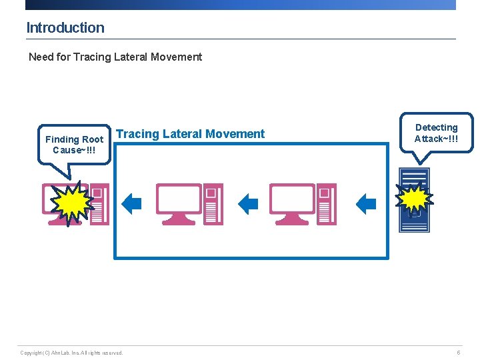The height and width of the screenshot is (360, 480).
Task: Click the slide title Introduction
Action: point(65,28)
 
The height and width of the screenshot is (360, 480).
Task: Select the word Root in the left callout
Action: point(93,139)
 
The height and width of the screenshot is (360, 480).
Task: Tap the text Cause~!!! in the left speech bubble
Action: point(74,150)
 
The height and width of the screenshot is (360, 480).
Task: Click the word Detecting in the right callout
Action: point(436,127)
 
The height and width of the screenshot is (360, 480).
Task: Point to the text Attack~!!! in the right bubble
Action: point(436,139)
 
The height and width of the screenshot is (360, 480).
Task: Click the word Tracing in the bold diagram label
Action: point(138,134)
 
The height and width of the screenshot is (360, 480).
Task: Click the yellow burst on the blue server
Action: point(415,197)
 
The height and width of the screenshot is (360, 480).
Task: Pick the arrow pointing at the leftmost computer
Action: point(132,203)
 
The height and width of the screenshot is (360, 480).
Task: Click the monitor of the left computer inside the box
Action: point(179,200)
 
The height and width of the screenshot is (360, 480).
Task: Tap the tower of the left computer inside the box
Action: point(213,204)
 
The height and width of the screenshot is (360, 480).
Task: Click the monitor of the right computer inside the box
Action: point(292,200)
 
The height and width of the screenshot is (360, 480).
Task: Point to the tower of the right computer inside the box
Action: point(326,204)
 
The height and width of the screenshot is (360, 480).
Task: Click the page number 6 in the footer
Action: point(458,353)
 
